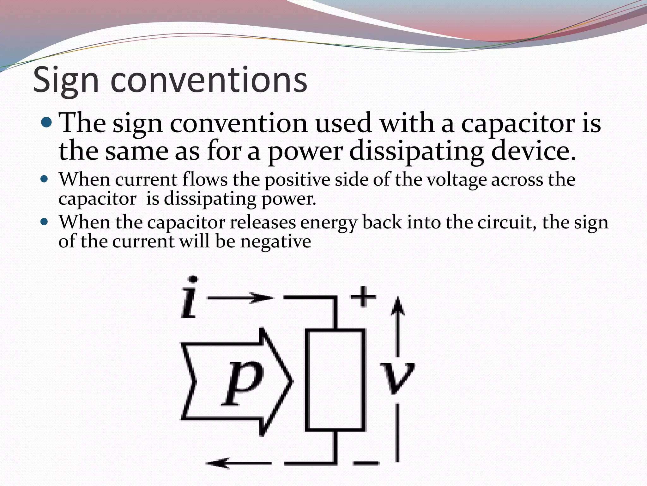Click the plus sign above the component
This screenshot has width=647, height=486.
[x=363, y=296]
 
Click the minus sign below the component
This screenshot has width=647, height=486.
[x=366, y=463]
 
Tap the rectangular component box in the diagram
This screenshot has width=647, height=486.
[x=335, y=380]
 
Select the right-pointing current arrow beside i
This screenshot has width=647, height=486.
[x=240, y=298]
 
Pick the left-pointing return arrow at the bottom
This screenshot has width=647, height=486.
[x=239, y=463]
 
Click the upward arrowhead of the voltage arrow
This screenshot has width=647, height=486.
[x=398, y=306]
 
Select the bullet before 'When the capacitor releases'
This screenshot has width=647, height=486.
[x=44, y=221]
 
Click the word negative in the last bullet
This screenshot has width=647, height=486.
[x=275, y=242]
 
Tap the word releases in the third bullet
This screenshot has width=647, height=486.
[x=263, y=222]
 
